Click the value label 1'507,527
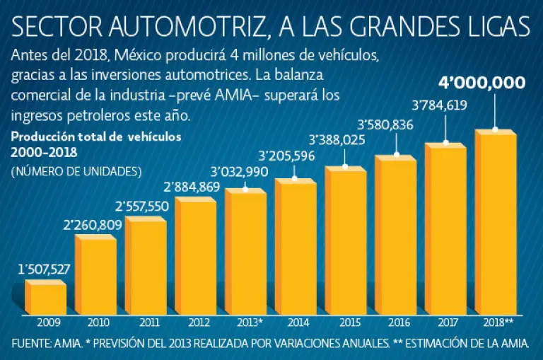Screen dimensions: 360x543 (43, 269)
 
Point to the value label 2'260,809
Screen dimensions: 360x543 (93, 226)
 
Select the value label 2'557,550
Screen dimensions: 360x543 (142, 207)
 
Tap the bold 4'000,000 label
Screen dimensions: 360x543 (481, 83)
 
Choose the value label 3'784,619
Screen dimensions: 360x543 (440, 107)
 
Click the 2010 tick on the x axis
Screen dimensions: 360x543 (98, 323)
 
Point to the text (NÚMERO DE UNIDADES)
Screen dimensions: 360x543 (76, 171)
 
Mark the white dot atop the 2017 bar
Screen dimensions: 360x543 (446, 142)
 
